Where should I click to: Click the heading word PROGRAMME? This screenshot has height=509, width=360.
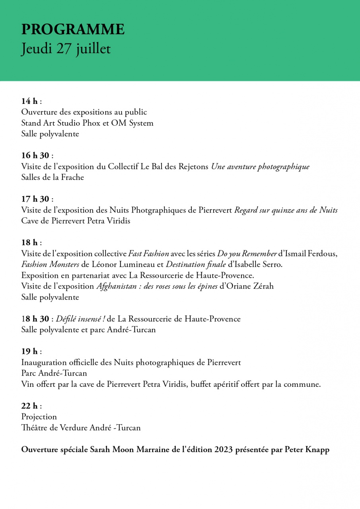[73, 29]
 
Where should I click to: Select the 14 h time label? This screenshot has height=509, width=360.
[29, 101]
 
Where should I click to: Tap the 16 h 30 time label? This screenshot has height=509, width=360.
[35, 155]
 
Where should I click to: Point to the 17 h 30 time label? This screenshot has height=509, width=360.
[35, 199]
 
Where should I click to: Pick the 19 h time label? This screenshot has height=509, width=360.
[29, 351]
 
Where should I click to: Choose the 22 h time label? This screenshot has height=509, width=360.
[29, 406]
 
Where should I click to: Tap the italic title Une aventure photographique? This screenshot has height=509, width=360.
[260, 166]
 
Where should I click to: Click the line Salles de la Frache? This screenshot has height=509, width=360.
[53, 177]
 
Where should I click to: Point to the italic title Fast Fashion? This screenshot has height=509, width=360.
[148, 254]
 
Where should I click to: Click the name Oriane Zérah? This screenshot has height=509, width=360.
[250, 286]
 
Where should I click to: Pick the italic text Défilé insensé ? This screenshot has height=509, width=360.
[80, 319]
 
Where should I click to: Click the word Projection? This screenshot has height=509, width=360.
[39, 417]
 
